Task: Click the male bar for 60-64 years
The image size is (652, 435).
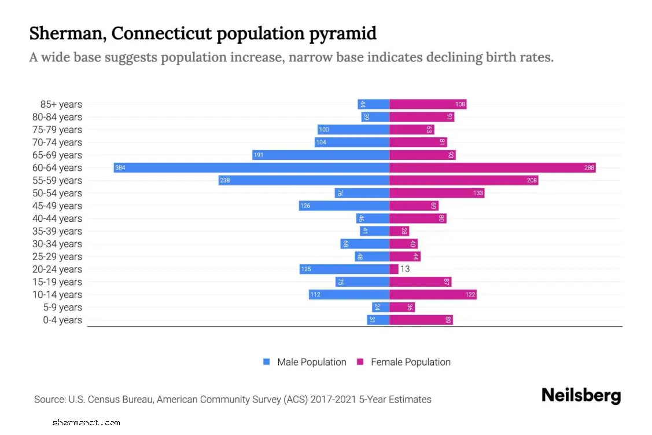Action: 252,168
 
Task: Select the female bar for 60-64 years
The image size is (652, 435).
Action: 492,168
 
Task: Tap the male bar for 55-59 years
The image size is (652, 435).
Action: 304,181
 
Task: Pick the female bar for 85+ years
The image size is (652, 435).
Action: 428,104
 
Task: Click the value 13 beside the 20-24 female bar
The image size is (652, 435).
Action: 405,269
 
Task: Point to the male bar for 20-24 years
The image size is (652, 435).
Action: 344,269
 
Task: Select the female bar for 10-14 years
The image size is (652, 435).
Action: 433,295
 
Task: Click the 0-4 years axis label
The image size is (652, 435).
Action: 62,320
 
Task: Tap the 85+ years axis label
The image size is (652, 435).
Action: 61,105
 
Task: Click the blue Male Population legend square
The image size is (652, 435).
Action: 267,362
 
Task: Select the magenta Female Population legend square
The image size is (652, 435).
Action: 360,362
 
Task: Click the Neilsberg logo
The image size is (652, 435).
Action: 581,396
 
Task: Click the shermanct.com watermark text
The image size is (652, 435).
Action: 86,423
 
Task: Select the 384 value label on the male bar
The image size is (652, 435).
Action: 120,168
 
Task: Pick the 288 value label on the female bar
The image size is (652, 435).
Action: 590,168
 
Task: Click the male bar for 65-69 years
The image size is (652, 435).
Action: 321,155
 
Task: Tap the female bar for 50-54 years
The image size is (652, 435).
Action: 437,193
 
